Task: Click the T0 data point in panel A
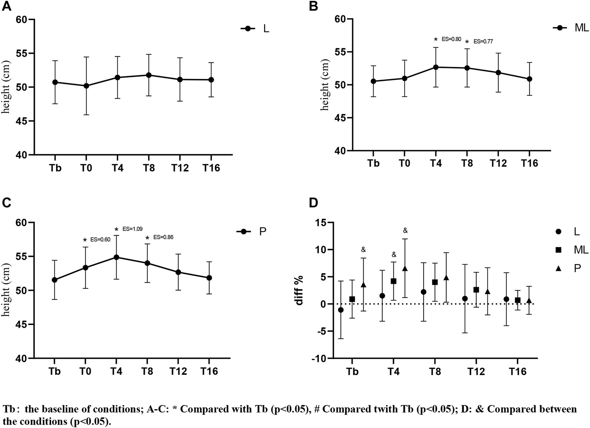(86, 86)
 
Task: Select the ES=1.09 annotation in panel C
(133, 229)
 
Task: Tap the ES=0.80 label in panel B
(451, 39)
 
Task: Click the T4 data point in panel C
(117, 257)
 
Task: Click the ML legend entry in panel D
(581, 250)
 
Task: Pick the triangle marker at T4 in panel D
(405, 268)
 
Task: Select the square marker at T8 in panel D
(435, 282)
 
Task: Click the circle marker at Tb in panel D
(341, 310)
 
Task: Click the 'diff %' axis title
(299, 290)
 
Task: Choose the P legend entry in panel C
(262, 232)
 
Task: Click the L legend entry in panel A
(266, 29)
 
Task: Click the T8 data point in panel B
(467, 68)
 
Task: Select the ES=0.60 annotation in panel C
(100, 239)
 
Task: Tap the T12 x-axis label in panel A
(180, 168)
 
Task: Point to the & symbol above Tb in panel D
(363, 249)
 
